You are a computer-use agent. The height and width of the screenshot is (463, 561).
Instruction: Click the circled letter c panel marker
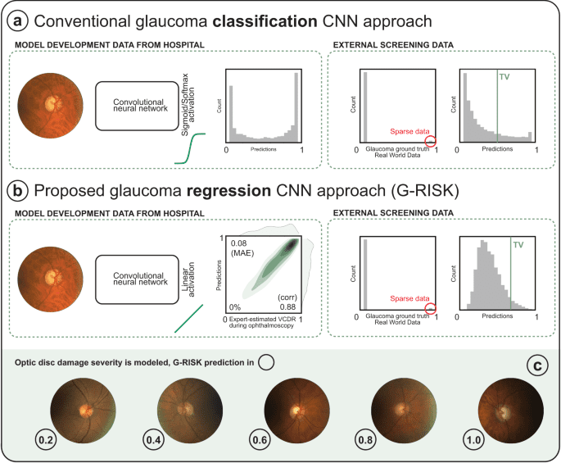click(537, 365)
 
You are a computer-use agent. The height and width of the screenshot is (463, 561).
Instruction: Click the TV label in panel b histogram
click(518, 244)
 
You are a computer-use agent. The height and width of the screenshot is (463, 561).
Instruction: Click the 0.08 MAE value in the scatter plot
click(239, 248)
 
